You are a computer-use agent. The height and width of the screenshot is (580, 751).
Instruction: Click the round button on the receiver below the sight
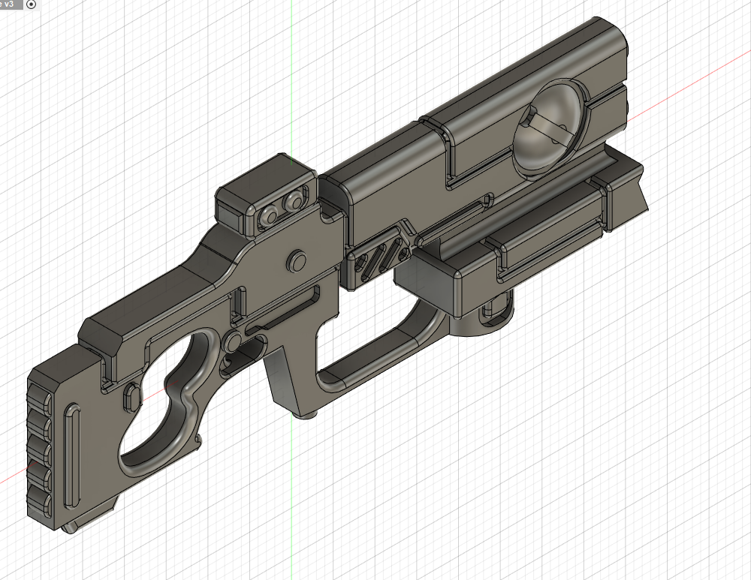coord(297,260)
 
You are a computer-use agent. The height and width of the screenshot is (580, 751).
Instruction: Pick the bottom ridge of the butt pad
coord(39,501)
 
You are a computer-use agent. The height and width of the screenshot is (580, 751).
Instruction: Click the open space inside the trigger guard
coord(368,345)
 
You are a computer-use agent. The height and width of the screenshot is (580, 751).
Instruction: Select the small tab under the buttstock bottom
coord(70,527)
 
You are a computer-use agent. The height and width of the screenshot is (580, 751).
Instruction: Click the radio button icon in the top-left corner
coord(31,5)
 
